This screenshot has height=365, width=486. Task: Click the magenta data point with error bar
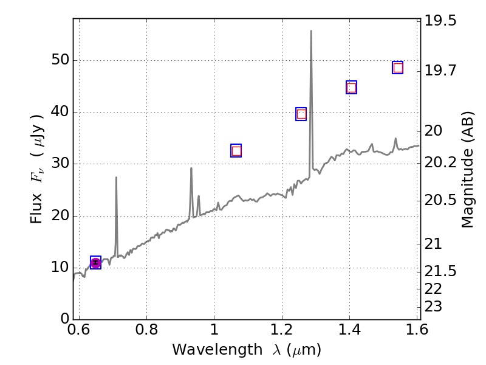tap(95, 262)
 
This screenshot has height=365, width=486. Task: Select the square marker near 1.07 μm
tap(236, 151)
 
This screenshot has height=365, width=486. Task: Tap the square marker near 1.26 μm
tap(301, 114)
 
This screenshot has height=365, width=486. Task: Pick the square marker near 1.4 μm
tap(351, 88)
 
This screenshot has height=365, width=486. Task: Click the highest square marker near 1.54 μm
tap(398, 68)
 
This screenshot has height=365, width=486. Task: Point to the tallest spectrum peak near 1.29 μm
tap(311, 31)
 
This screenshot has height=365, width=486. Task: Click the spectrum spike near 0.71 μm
tap(116, 178)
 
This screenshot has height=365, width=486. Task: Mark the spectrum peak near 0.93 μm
tap(191, 169)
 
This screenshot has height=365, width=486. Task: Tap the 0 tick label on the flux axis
tap(63, 319)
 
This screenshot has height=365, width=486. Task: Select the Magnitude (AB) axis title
tap(468, 169)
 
